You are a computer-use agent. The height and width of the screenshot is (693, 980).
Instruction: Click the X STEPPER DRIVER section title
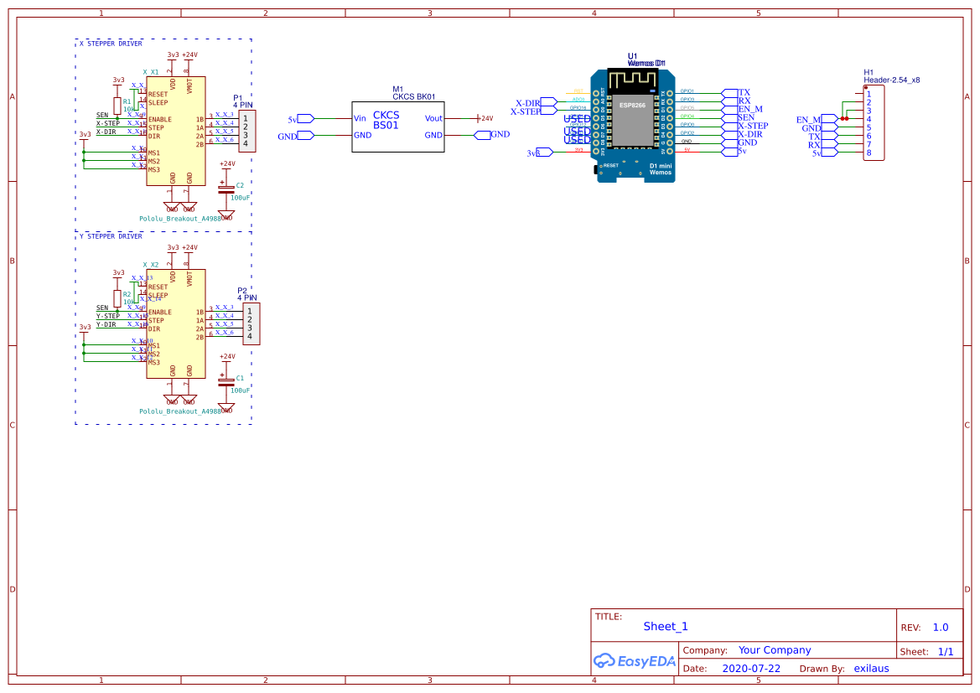pyautogui.click(x=110, y=44)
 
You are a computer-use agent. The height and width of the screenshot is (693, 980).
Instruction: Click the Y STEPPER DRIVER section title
pyautogui.click(x=110, y=236)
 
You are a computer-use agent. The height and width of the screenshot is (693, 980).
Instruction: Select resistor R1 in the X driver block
pyautogui.click(x=117, y=106)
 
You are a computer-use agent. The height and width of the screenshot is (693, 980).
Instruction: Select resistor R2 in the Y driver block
pyautogui.click(x=117, y=298)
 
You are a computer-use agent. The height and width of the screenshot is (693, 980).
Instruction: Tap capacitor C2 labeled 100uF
pyautogui.click(x=226, y=189)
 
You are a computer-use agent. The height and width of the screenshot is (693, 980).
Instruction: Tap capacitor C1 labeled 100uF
pyautogui.click(x=226, y=381)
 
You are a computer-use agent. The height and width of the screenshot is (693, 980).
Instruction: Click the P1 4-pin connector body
pyautogui.click(x=247, y=131)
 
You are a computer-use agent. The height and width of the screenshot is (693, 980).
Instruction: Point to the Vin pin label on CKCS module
pyautogui.click(x=360, y=119)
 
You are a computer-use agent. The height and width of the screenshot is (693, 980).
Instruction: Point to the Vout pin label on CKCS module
pyautogui.click(x=433, y=119)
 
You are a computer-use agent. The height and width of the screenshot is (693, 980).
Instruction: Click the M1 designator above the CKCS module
pyautogui.click(x=397, y=89)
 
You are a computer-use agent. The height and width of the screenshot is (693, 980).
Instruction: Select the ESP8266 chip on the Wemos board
pyautogui.click(x=632, y=106)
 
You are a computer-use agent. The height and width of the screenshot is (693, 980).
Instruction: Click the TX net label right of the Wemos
pyautogui.click(x=744, y=92)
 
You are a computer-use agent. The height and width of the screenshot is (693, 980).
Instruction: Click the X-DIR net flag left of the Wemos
pyautogui.click(x=527, y=102)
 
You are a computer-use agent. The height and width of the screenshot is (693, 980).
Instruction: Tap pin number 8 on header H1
pyautogui.click(x=869, y=153)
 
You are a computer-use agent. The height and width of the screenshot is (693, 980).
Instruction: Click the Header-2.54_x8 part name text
pyautogui.click(x=892, y=80)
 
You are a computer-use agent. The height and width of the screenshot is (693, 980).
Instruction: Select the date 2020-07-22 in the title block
pyautogui.click(x=750, y=669)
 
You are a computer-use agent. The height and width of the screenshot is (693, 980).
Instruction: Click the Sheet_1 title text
pyautogui.click(x=665, y=627)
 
